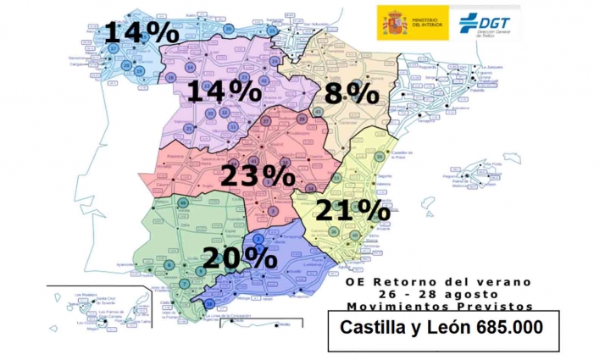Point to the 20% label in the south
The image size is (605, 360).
tap(241, 257)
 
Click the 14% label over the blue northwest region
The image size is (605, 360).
tap(142, 32)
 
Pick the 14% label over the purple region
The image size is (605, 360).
tap(224, 91)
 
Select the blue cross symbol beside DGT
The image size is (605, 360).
tap(466, 21)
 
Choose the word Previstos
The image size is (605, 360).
tap(498, 306)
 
